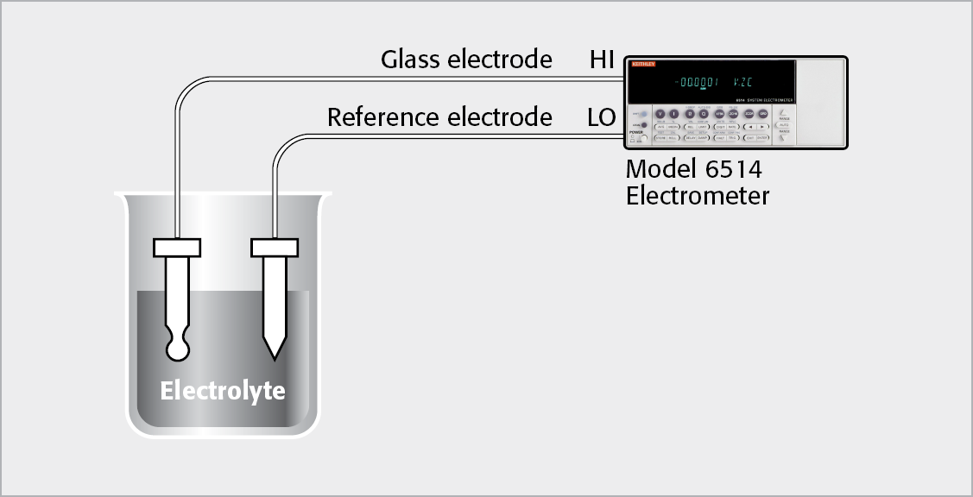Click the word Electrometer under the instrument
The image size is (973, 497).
coord(697,196)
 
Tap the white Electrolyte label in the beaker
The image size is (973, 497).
coord(222,391)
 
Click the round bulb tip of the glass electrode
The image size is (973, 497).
coord(178,348)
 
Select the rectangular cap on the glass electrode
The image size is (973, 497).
coord(177,248)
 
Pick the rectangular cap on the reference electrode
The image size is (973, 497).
coord(275,248)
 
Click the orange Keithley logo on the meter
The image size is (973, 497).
coord(643,64)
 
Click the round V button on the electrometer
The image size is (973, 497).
coord(660,114)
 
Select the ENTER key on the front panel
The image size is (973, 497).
coord(762,138)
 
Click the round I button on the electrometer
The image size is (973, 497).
coord(674,114)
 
